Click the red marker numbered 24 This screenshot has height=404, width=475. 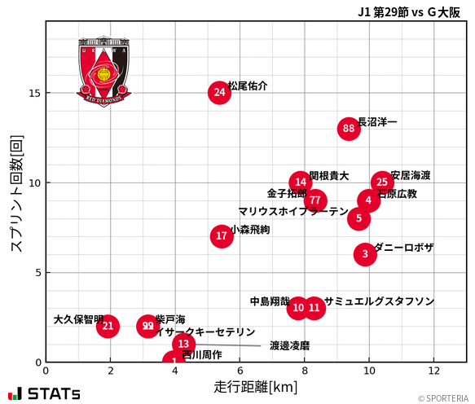click(x=219, y=93)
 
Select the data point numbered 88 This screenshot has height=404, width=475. click(x=349, y=129)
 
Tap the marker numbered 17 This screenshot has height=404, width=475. click(x=222, y=236)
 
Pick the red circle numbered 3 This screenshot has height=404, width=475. click(x=366, y=254)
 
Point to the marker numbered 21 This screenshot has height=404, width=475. click(x=108, y=327)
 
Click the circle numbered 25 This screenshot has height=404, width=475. click(x=382, y=182)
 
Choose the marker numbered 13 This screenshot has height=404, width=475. click(x=183, y=345)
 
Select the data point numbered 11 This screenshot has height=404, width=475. click(x=314, y=308)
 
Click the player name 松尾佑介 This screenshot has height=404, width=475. click(x=248, y=86)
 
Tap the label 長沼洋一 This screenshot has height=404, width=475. click(x=377, y=121)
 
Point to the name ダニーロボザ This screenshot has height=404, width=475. click(x=404, y=248)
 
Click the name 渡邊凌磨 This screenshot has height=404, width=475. click(x=289, y=345)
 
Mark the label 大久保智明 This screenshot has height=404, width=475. click(x=78, y=319)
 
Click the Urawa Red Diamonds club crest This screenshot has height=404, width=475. click(x=104, y=71)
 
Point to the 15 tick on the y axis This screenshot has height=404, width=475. click(x=34, y=93)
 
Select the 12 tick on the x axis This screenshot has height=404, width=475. click(x=433, y=370)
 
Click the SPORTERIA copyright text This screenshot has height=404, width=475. click(x=444, y=398)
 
